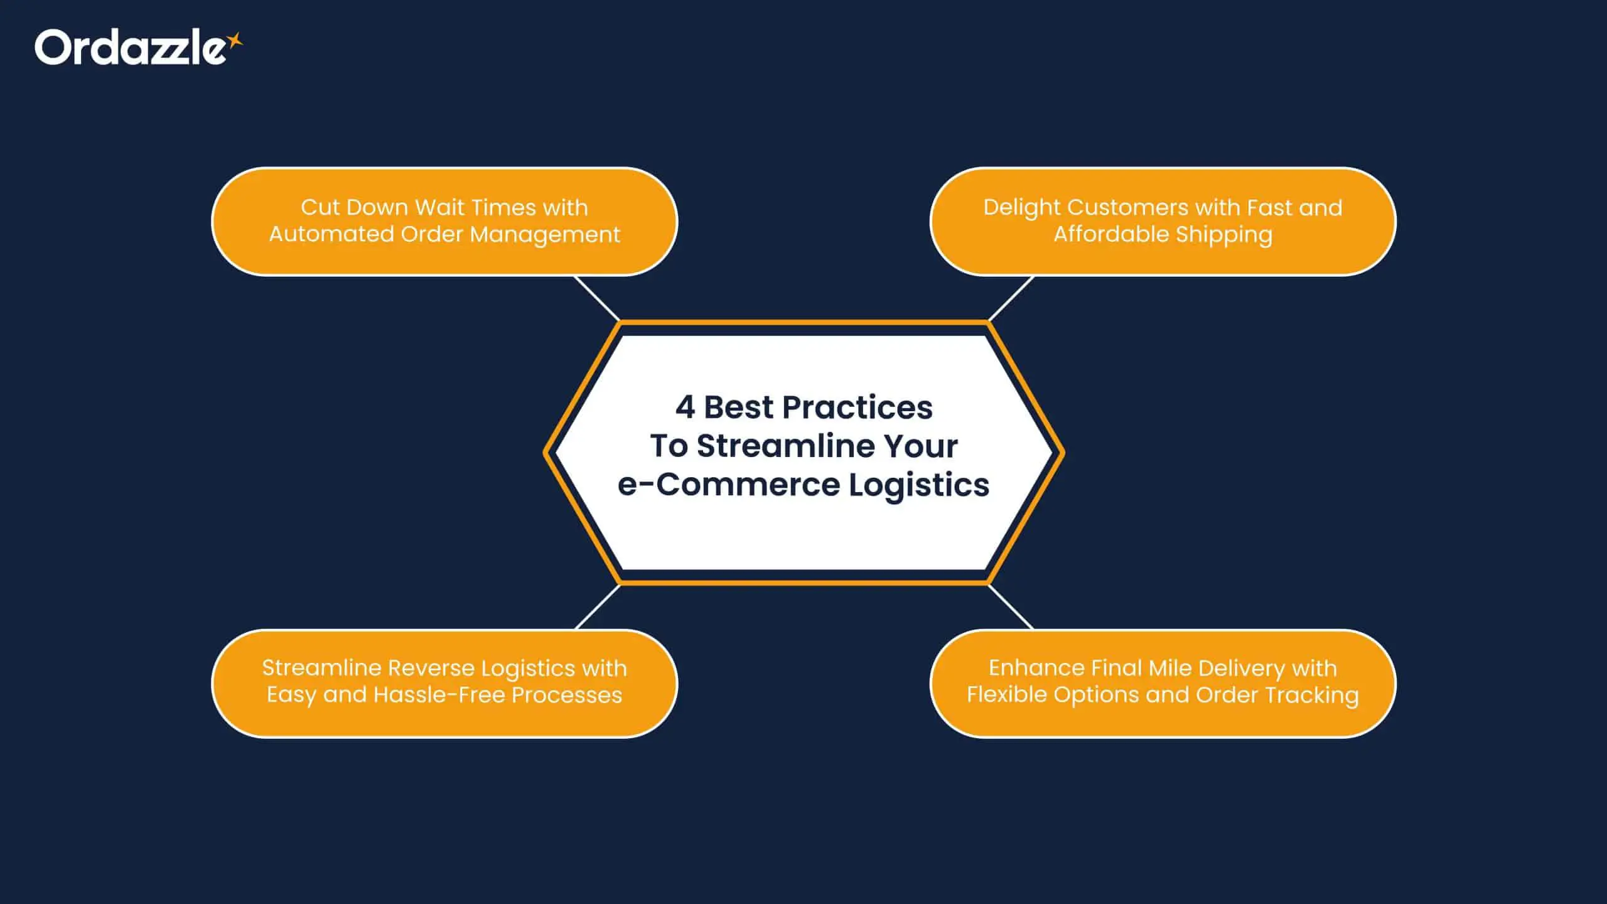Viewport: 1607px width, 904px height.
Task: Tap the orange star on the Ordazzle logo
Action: tap(235, 41)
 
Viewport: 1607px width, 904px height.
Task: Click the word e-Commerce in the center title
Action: tap(729, 485)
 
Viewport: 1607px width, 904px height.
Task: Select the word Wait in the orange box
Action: tap(438, 207)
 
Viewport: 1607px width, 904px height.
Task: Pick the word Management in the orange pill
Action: tap(545, 235)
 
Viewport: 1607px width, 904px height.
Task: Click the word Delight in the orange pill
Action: tap(1021, 208)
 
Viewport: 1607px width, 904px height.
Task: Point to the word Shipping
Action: tap(1224, 235)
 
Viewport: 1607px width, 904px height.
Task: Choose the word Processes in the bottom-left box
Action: tap(567, 695)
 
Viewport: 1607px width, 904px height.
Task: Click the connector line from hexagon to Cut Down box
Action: tap(597, 299)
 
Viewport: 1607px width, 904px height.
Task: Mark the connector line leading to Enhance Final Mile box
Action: tap(1011, 606)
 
